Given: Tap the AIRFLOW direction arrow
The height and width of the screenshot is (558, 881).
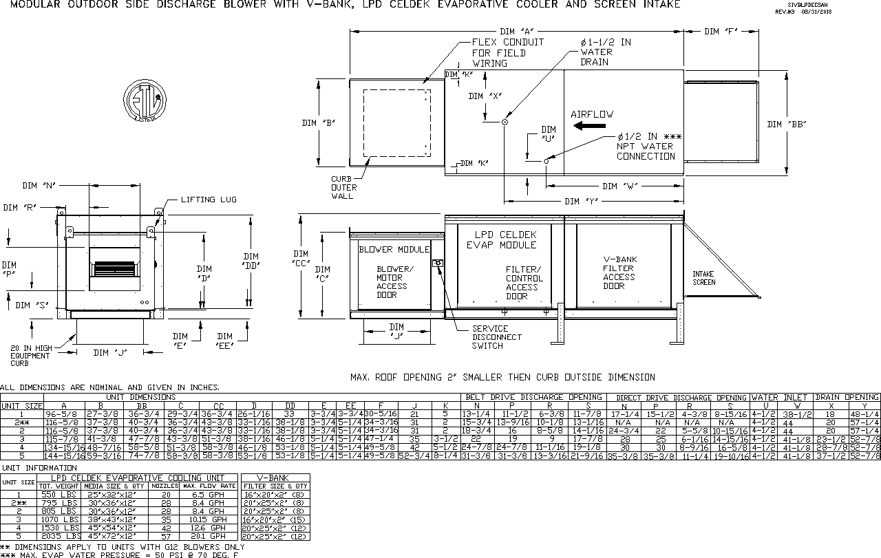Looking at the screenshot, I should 591,126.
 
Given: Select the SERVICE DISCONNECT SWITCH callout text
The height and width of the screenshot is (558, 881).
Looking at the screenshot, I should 496,337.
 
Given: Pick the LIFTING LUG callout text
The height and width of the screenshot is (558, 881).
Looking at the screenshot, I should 209,200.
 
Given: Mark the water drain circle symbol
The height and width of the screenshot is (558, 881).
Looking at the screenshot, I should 505,122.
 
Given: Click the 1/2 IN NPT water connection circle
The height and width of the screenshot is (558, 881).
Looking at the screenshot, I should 546,161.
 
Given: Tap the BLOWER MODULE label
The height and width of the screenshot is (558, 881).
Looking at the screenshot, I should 394,249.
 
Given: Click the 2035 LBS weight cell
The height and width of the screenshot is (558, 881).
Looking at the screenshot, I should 61,536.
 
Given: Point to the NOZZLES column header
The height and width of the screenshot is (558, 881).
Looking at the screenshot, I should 165,486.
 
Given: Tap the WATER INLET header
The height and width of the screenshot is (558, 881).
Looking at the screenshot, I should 782,397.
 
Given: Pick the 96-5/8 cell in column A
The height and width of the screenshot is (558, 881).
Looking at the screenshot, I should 64,414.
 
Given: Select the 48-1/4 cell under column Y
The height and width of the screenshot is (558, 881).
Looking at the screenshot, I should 864,414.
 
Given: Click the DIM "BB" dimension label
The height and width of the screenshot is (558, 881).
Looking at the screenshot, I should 787,124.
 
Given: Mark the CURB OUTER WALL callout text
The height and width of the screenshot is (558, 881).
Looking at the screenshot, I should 343,187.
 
